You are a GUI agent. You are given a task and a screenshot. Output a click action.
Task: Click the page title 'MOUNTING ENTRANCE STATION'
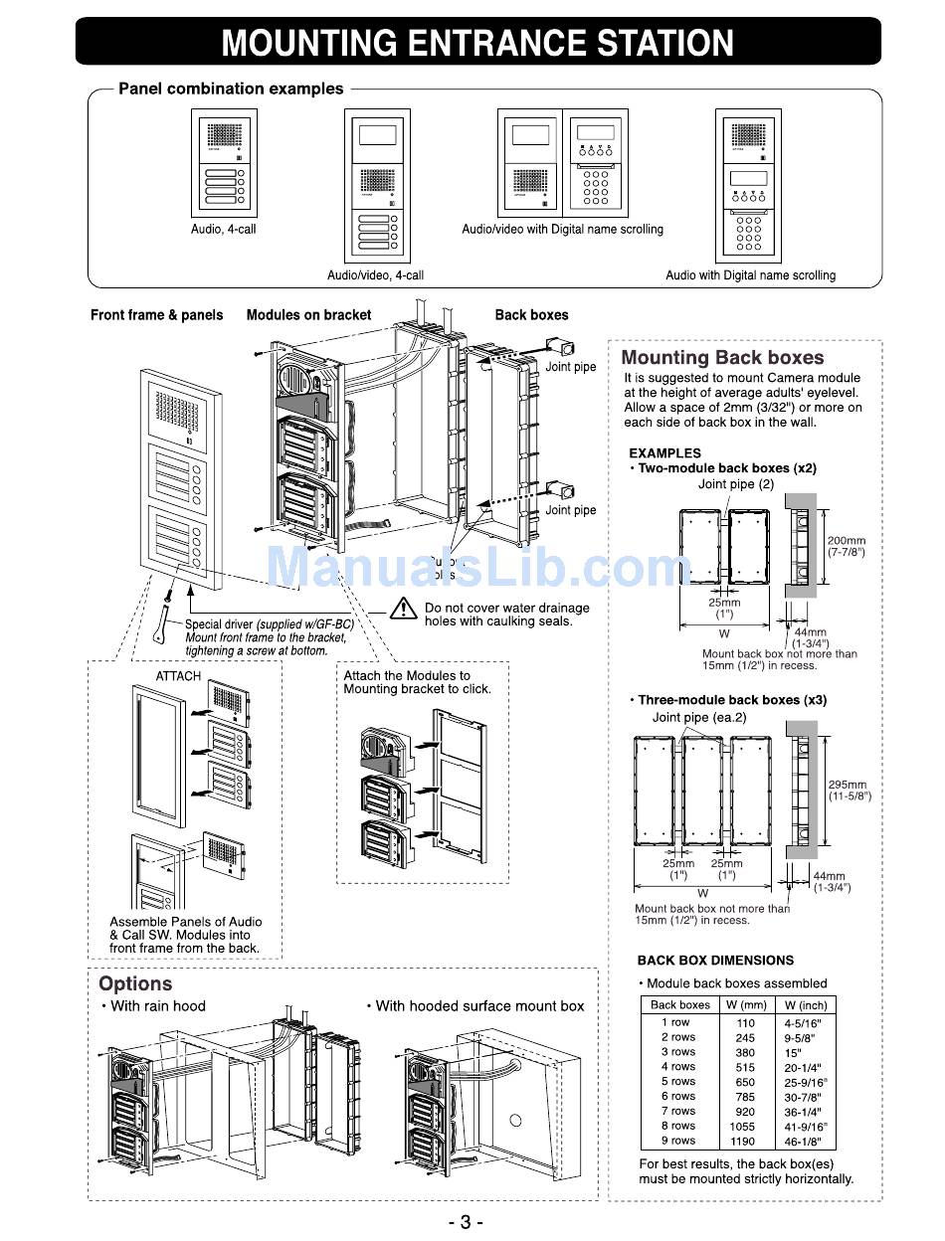(477, 43)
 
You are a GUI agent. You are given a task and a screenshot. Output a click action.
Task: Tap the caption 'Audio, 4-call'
(223, 230)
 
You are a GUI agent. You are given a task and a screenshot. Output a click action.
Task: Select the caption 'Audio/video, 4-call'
(375, 274)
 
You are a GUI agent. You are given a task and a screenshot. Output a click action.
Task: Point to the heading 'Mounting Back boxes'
(722, 358)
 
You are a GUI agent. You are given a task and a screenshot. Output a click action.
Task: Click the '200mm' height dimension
(846, 542)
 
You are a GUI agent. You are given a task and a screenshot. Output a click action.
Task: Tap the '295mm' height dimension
(848, 785)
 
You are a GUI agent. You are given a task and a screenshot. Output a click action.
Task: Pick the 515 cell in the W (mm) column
(745, 1067)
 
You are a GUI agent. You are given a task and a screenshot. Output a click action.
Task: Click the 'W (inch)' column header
(805, 1005)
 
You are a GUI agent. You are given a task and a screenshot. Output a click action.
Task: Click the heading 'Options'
(135, 984)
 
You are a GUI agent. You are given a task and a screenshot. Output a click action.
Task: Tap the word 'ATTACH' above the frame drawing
(178, 676)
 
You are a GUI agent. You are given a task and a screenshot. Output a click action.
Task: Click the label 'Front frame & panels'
(157, 315)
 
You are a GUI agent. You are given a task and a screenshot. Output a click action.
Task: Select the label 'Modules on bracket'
(308, 315)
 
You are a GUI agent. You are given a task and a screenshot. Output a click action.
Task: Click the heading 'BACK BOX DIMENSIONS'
(715, 961)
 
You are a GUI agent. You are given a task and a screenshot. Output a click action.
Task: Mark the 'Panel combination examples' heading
(231, 89)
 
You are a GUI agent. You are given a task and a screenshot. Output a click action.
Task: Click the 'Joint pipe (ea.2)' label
(698, 717)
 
